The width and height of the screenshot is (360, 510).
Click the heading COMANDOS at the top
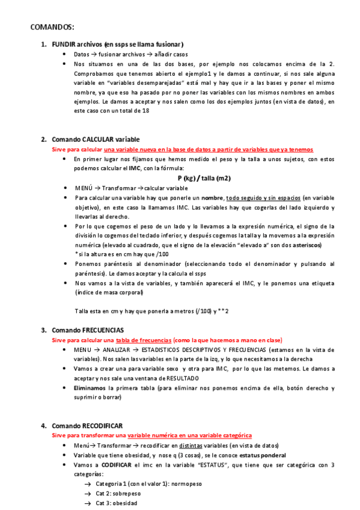point(52,27)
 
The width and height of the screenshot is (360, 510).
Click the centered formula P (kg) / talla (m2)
point(204,178)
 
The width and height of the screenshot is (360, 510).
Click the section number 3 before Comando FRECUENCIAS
point(43,330)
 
